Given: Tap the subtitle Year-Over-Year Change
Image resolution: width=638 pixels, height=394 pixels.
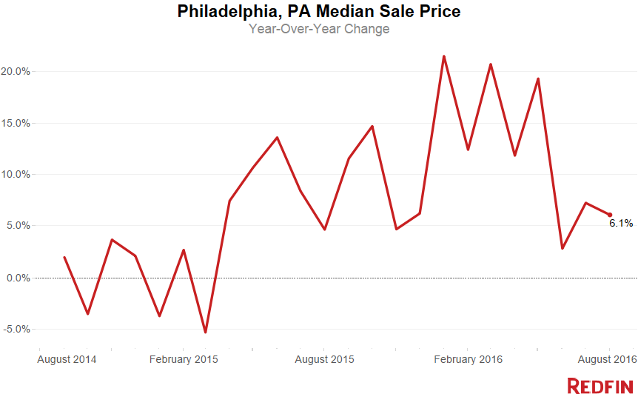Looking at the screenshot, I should click(319, 30).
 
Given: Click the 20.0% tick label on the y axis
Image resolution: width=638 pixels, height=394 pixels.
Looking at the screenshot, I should click(15, 72).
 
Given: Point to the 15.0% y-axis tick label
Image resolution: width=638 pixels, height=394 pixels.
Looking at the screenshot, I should click(15, 123).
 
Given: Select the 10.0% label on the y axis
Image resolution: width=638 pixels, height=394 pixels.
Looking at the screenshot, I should click(15, 175).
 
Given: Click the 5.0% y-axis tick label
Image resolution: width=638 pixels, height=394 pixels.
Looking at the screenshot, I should click(17, 226).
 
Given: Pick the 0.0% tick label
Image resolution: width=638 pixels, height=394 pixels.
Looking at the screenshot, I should click(17, 278).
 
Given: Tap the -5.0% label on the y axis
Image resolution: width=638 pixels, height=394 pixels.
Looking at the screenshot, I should click(16, 329).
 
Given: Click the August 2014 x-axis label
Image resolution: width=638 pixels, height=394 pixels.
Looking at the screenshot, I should click(67, 359).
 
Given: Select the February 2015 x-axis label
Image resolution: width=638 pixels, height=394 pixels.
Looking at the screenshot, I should click(184, 359).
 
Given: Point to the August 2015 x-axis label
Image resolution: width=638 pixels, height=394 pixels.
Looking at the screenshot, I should click(325, 359).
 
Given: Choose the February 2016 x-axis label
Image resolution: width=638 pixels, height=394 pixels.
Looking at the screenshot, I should click(468, 359).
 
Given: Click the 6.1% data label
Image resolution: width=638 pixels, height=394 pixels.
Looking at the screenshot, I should click(620, 223).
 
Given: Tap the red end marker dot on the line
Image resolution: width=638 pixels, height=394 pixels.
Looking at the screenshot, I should click(609, 215).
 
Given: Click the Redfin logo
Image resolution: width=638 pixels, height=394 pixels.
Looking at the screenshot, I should click(599, 384).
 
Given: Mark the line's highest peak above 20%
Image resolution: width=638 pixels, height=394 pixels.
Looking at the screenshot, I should click(443, 56).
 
